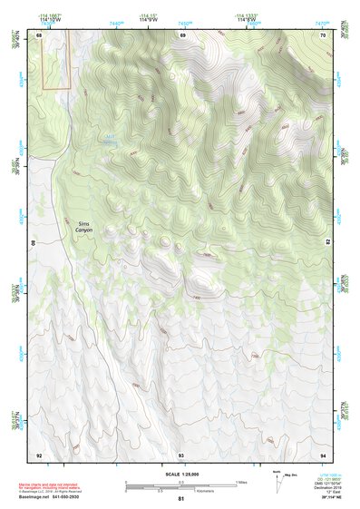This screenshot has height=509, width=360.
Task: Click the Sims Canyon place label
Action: point(83,227)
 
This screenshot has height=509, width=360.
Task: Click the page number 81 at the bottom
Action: point(181,499)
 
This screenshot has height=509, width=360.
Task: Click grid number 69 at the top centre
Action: point(182,34)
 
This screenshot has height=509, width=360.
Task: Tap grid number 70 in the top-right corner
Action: point(323,34)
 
